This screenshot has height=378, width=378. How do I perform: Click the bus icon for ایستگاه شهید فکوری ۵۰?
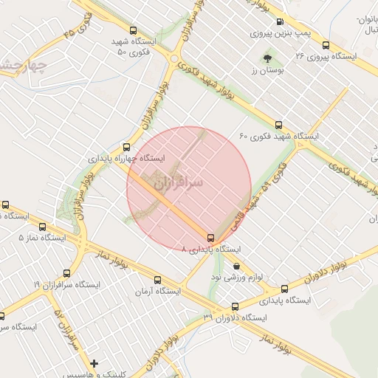pyautogui.click(x=133, y=31)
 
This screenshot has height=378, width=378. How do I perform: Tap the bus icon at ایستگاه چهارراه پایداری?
pyautogui.click(x=126, y=147)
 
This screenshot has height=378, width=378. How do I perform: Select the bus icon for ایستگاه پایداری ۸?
pyautogui.click(x=211, y=238)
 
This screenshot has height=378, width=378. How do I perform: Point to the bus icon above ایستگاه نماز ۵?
pyautogui.click(x=42, y=227)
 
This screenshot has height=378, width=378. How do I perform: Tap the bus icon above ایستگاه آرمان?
pyautogui.click(x=157, y=280)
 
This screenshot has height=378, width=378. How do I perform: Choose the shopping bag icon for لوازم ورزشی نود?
pyautogui.click(x=236, y=266)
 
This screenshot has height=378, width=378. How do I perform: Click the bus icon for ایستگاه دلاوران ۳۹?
pyautogui.click(x=236, y=306)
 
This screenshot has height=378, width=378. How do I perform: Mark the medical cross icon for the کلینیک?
pyautogui.click(x=94, y=363)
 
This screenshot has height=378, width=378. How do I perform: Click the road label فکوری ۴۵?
pyautogui.click(x=79, y=30)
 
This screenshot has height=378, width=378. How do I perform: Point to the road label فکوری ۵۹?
pyautogui.click(x=278, y=176)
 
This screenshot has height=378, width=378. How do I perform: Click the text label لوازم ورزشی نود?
pyautogui.click(x=264, y=275)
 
